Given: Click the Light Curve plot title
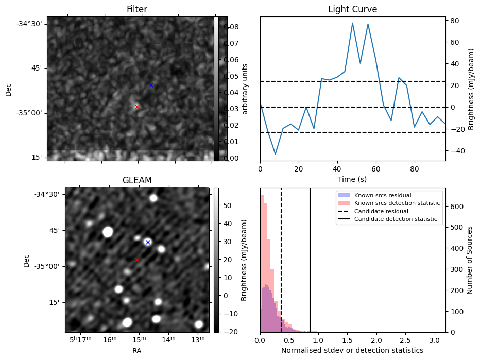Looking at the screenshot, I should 352,10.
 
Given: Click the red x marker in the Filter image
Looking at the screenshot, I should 137,107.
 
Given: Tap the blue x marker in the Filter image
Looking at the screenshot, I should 151,85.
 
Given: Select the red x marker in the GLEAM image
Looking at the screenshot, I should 137,260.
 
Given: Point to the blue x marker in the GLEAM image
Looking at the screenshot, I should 148,242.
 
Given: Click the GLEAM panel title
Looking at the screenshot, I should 137,180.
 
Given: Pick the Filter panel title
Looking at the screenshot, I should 137,10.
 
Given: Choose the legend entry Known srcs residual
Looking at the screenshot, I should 381,195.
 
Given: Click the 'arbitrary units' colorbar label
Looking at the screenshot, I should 246,89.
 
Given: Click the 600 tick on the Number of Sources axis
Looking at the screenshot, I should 457,207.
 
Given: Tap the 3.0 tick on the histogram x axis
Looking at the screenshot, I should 434,340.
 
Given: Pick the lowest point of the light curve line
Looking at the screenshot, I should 276,154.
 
